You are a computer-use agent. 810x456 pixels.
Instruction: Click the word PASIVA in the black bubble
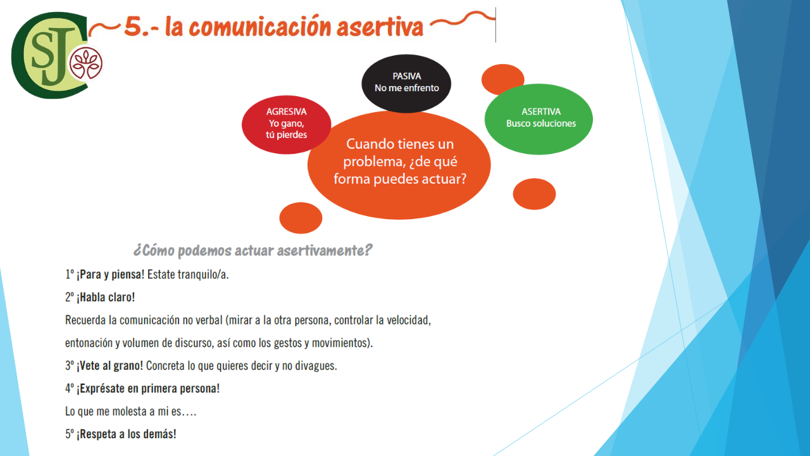coord(407,77)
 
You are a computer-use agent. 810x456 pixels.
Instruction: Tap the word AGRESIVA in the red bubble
coord(287,111)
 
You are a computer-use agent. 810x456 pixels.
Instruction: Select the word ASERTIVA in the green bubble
coord(541,111)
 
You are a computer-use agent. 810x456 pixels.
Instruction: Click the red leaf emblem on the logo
coord(86,64)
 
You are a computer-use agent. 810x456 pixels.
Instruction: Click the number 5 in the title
coord(133,27)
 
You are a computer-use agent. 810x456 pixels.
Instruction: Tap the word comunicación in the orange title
coord(260,27)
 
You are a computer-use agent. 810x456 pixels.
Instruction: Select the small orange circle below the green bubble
coord(534,194)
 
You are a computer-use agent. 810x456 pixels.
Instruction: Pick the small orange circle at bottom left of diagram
coord(301,218)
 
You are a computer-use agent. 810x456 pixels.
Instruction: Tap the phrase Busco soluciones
coord(541,123)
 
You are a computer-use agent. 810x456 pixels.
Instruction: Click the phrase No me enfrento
coord(407,88)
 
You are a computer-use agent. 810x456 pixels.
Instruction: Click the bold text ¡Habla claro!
coord(106,297)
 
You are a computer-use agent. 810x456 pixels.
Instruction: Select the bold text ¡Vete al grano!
coord(109,365)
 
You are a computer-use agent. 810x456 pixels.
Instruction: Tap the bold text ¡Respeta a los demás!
coord(126,434)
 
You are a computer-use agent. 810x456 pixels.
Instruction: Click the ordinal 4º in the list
coord(70,388)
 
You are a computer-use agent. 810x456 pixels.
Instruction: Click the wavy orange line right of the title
coord(462,20)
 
